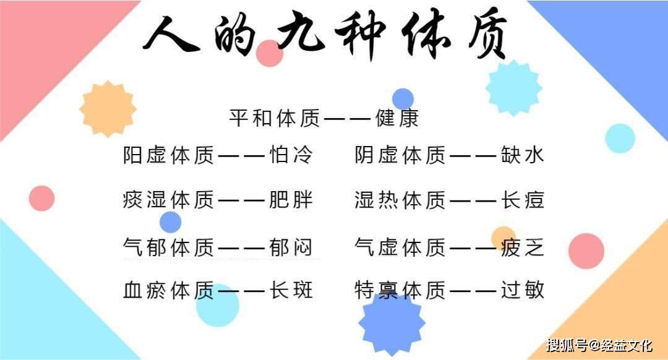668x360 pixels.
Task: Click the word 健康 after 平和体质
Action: (397, 118)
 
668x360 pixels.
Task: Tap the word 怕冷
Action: (291, 155)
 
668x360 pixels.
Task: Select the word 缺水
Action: (523, 155)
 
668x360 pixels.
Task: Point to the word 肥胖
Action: (291, 200)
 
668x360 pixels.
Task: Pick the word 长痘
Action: (523, 200)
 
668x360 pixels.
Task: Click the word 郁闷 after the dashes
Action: (291, 247)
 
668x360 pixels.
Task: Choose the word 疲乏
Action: (523, 247)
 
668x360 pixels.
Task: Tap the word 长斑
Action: (291, 290)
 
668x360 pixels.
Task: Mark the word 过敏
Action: (523, 290)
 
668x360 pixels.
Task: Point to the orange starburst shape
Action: (108, 109)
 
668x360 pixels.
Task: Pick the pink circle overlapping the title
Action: (269, 53)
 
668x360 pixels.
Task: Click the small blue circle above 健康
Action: (403, 99)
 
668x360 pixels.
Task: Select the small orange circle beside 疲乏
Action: (503, 239)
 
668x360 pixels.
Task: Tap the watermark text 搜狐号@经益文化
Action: (599, 345)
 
